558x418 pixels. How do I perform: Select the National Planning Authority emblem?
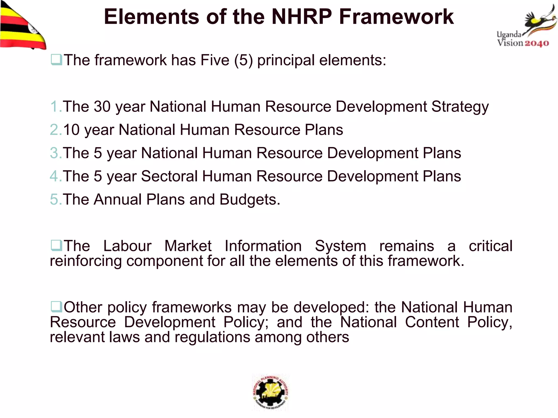pos(270,392)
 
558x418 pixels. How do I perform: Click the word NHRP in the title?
pos(302,17)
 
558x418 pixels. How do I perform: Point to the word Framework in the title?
pos(396,17)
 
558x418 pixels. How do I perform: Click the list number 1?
pos(55,106)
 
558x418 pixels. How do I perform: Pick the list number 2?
pos(55,130)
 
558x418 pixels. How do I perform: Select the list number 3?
pos(55,153)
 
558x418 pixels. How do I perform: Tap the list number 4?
pos(55,176)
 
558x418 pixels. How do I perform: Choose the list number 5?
pos(55,199)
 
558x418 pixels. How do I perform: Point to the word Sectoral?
pos(169,176)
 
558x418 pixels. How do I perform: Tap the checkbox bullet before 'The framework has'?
pos(56,60)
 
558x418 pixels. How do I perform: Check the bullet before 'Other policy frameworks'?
pos(56,307)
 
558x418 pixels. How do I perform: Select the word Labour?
pos(127,246)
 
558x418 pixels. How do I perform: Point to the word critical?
pos(490,246)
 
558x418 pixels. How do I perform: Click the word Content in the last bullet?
pos(432,322)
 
